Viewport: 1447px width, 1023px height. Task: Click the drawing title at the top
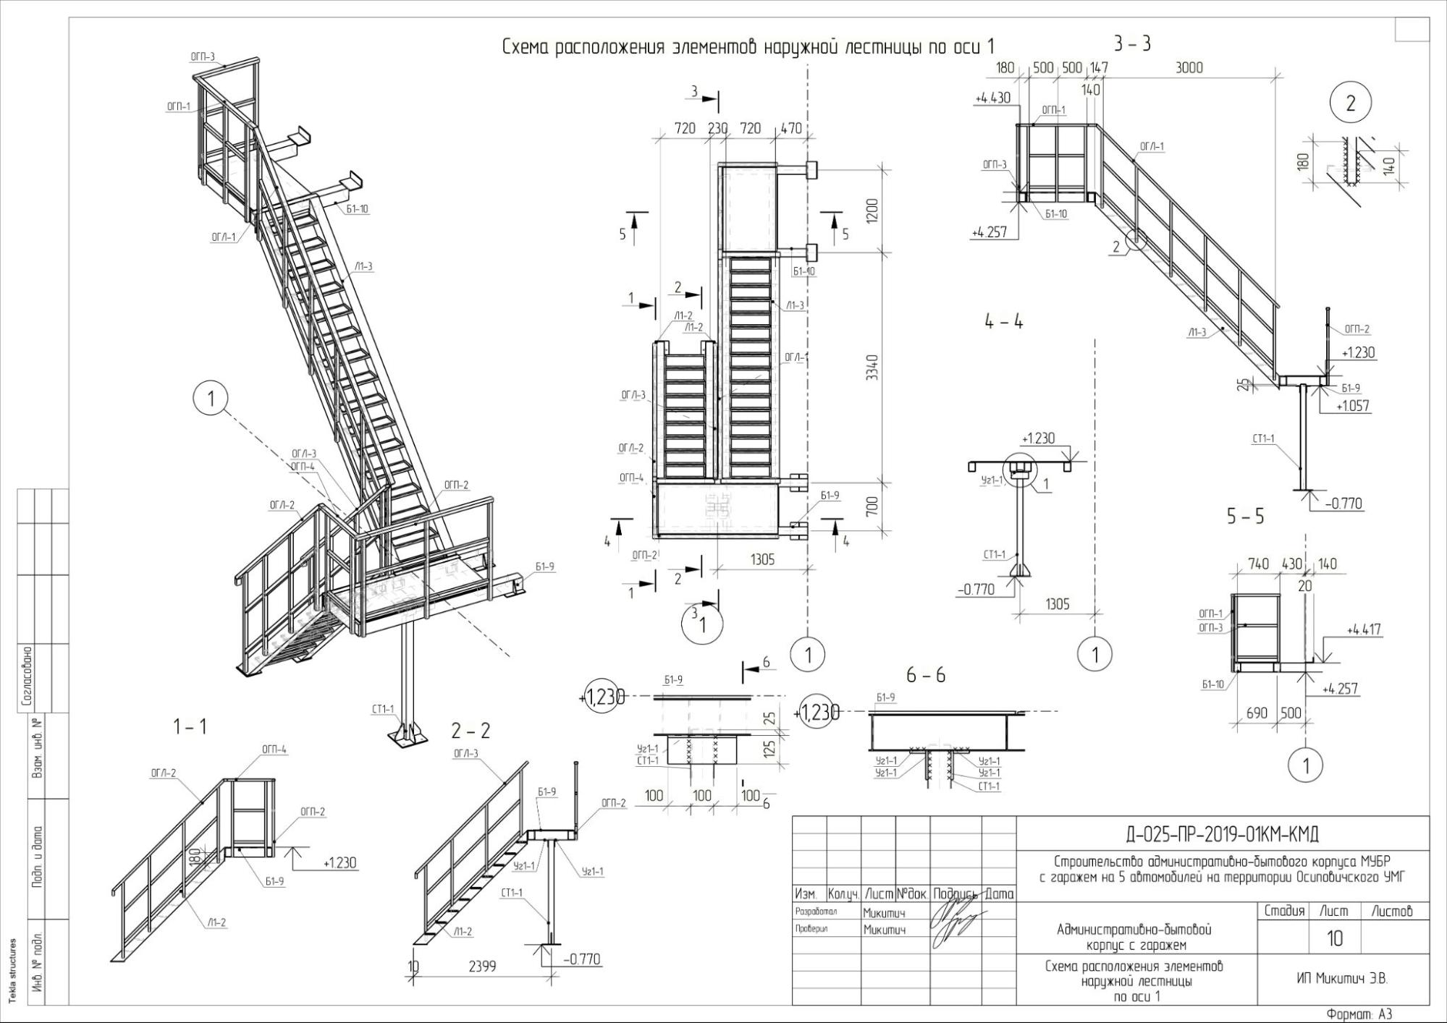[x=748, y=47]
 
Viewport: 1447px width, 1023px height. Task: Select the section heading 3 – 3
[x=1132, y=44]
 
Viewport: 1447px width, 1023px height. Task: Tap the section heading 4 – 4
[x=1004, y=322]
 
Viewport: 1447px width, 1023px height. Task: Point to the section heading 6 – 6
[x=926, y=675]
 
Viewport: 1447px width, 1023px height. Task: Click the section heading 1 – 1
[x=190, y=726]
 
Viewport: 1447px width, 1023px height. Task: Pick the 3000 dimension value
[x=1189, y=67]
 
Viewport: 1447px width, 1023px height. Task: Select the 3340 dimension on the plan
[x=873, y=368]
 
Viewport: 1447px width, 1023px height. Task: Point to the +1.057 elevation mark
[x=1352, y=406]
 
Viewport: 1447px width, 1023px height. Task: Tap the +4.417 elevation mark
[x=1364, y=630]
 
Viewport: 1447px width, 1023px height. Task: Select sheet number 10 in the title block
[x=1335, y=938]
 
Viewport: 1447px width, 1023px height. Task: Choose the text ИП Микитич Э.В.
[x=1342, y=979]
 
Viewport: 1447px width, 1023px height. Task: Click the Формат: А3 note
[x=1359, y=1014]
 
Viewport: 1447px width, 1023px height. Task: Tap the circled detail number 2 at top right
[x=1350, y=103]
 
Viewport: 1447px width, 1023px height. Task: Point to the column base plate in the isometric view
[x=405, y=737]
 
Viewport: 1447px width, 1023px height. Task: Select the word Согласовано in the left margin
[x=27, y=676]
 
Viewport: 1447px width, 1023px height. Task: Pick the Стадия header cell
[x=1284, y=911]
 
